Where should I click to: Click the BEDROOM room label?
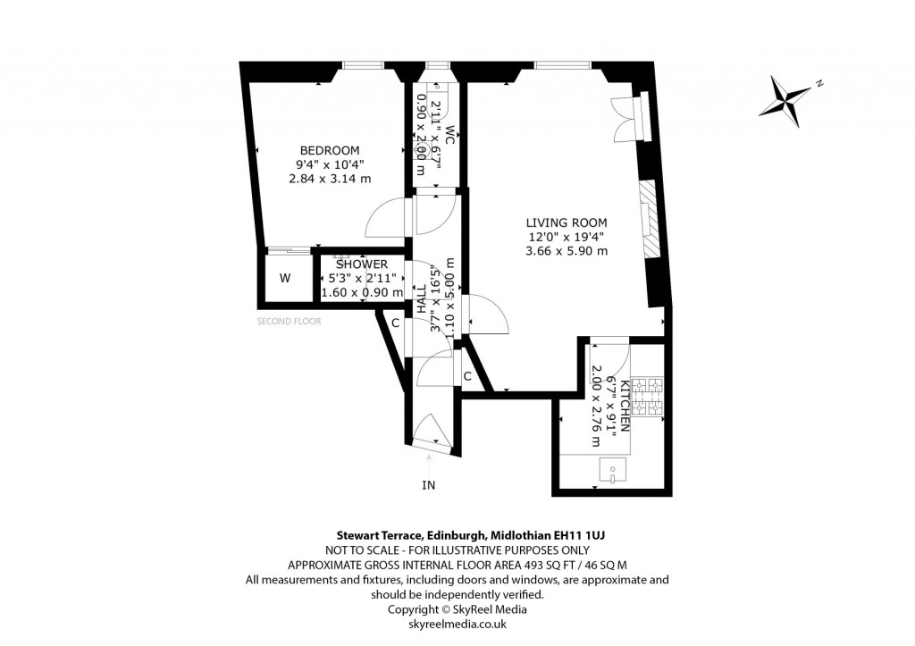(330, 150)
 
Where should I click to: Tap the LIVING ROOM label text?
(566, 222)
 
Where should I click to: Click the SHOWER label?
(362, 264)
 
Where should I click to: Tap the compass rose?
(787, 96)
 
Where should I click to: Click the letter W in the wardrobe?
(285, 279)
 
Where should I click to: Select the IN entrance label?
(429, 485)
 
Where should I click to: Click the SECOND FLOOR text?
(289, 321)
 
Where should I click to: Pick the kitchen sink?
(611, 470)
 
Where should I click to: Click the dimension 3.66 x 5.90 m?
(566, 251)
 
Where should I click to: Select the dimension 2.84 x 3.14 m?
(330, 179)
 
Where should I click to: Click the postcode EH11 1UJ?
(587, 534)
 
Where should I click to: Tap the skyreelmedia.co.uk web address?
(457, 623)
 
